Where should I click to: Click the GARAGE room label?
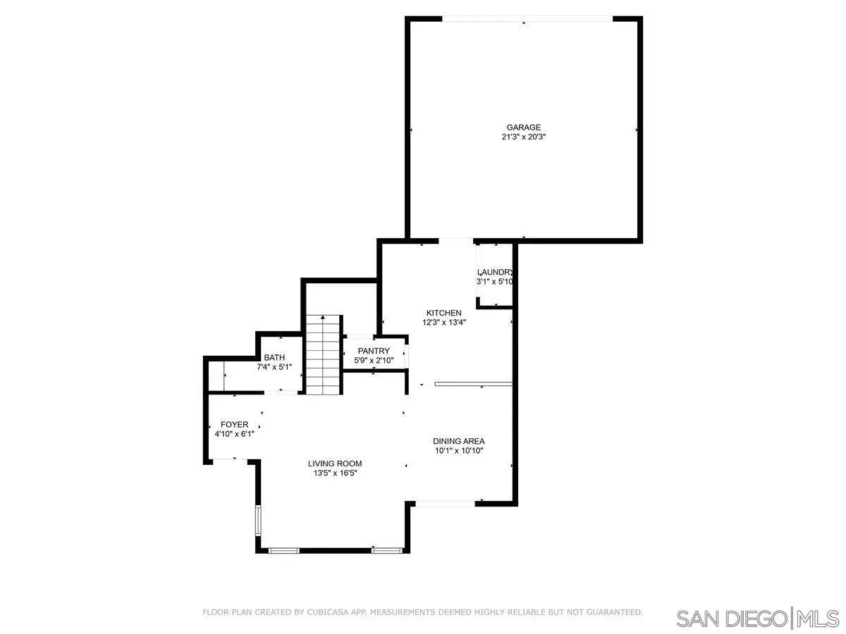[x=523, y=128]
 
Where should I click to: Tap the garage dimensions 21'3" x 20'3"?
[x=523, y=137]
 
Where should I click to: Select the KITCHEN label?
[x=444, y=313]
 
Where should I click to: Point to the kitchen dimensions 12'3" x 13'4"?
[x=444, y=323]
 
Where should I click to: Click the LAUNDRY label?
[x=495, y=273]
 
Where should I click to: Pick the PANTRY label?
[x=374, y=351]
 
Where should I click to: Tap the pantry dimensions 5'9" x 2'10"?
[x=374, y=361]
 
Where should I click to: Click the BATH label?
[x=274, y=357]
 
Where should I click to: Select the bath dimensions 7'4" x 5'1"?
[x=274, y=367]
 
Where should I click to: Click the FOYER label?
[x=234, y=424]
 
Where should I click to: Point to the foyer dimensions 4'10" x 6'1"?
[x=234, y=434]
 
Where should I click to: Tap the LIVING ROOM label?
[x=335, y=464]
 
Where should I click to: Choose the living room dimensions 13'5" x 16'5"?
[x=335, y=473]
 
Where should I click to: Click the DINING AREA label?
[x=458, y=441]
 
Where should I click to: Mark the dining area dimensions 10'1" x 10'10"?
[x=458, y=451]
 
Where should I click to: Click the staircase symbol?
[x=324, y=355]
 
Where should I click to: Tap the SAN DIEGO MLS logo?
[x=757, y=618]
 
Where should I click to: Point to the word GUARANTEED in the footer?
[x=613, y=612]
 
